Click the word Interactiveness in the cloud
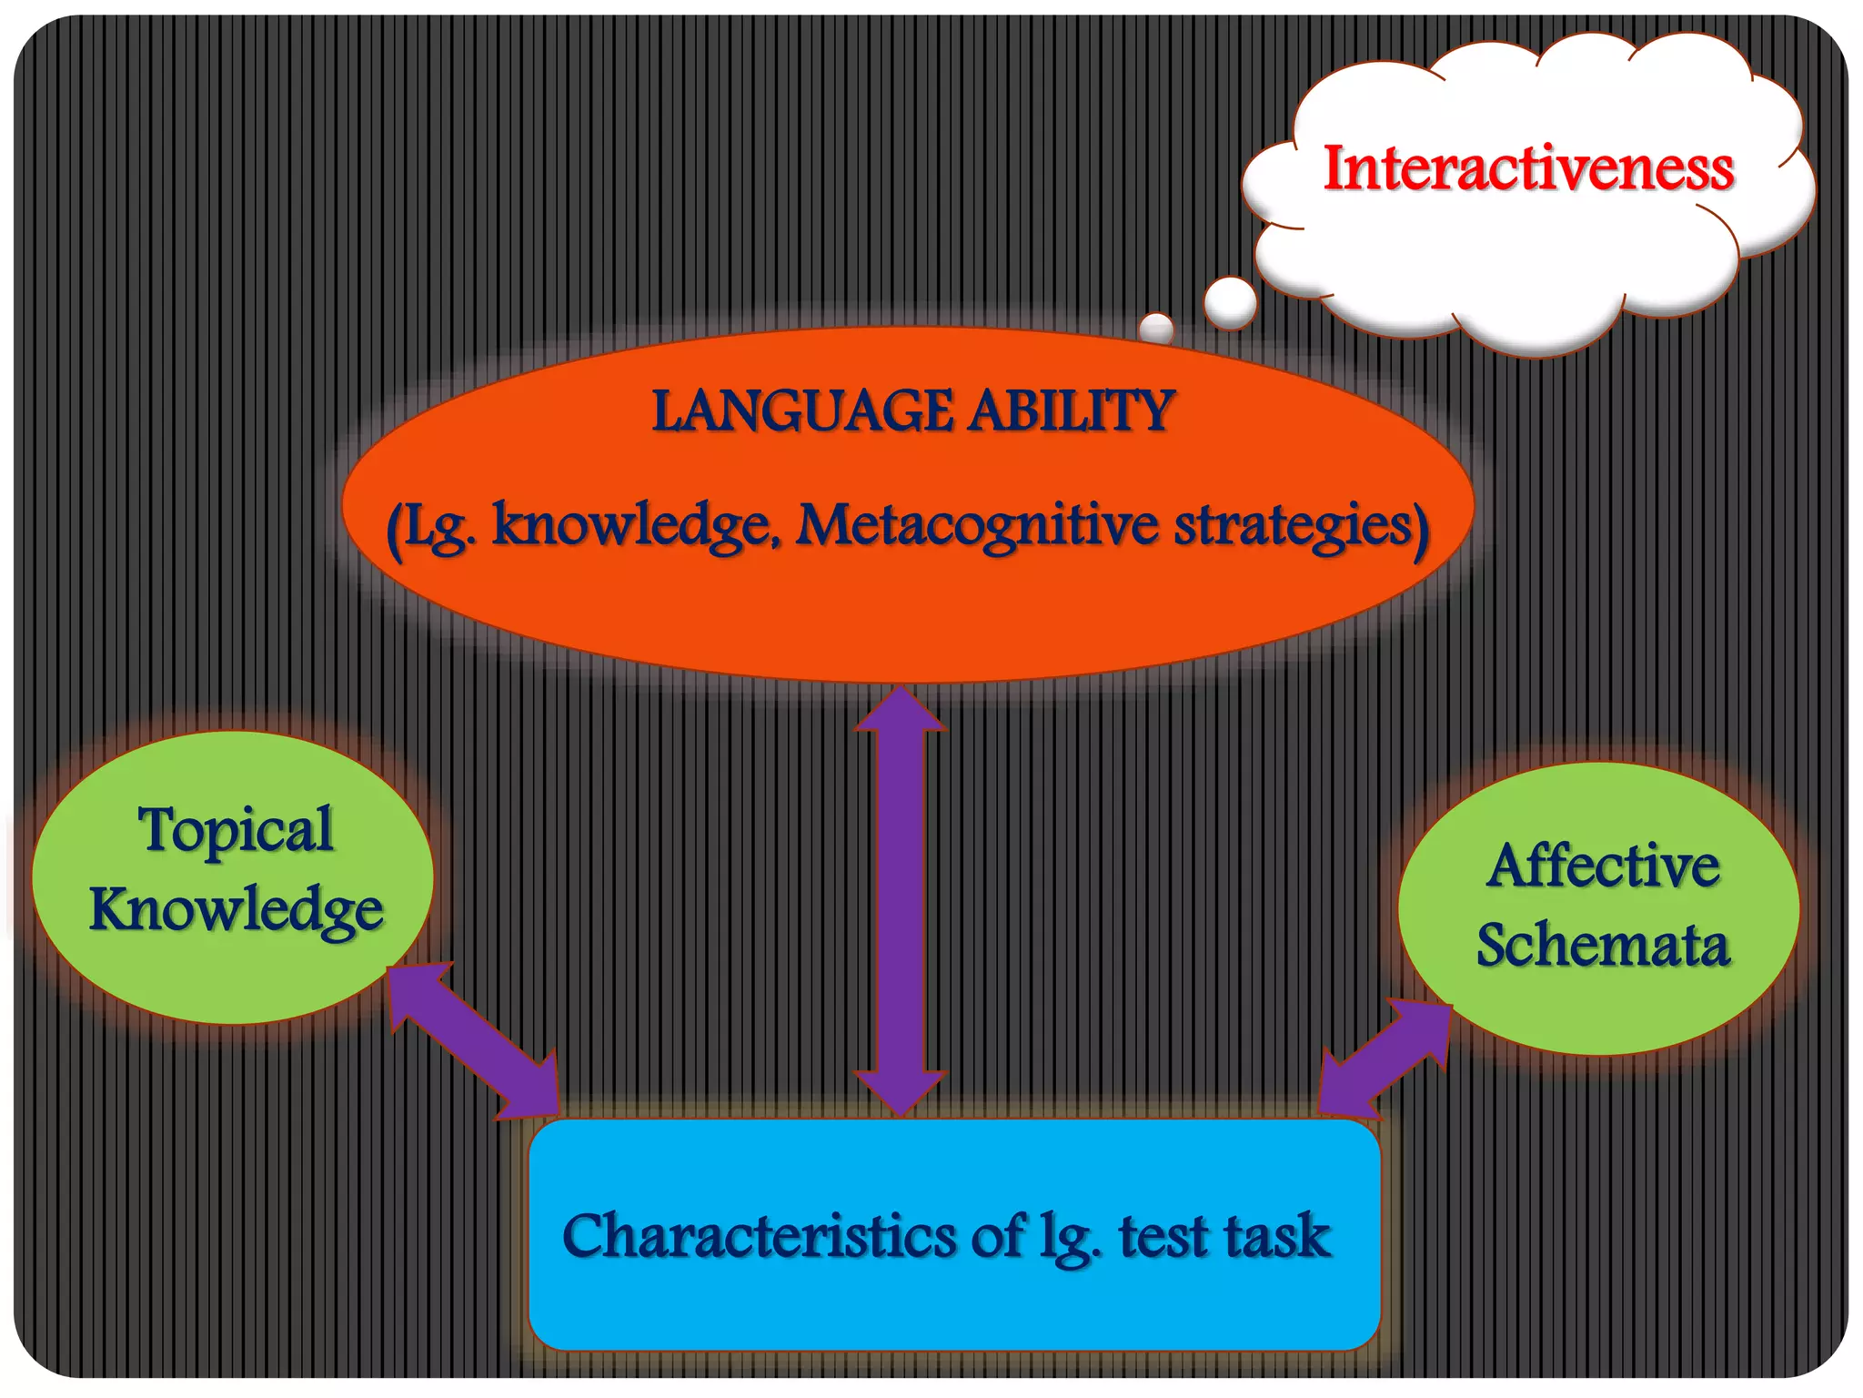coord(1528,168)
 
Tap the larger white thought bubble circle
coord(1230,302)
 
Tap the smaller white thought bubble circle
coord(1156,328)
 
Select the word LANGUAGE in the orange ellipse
coord(802,411)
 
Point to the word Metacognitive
coord(977,525)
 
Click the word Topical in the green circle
coord(236,830)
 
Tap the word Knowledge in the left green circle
coord(236,909)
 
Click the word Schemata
coord(1603,945)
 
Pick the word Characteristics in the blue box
coord(760,1236)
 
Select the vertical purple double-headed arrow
coord(901,901)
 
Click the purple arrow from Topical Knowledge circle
coord(473,1042)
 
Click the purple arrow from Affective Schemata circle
coord(1385,1060)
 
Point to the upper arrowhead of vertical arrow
coord(901,710)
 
